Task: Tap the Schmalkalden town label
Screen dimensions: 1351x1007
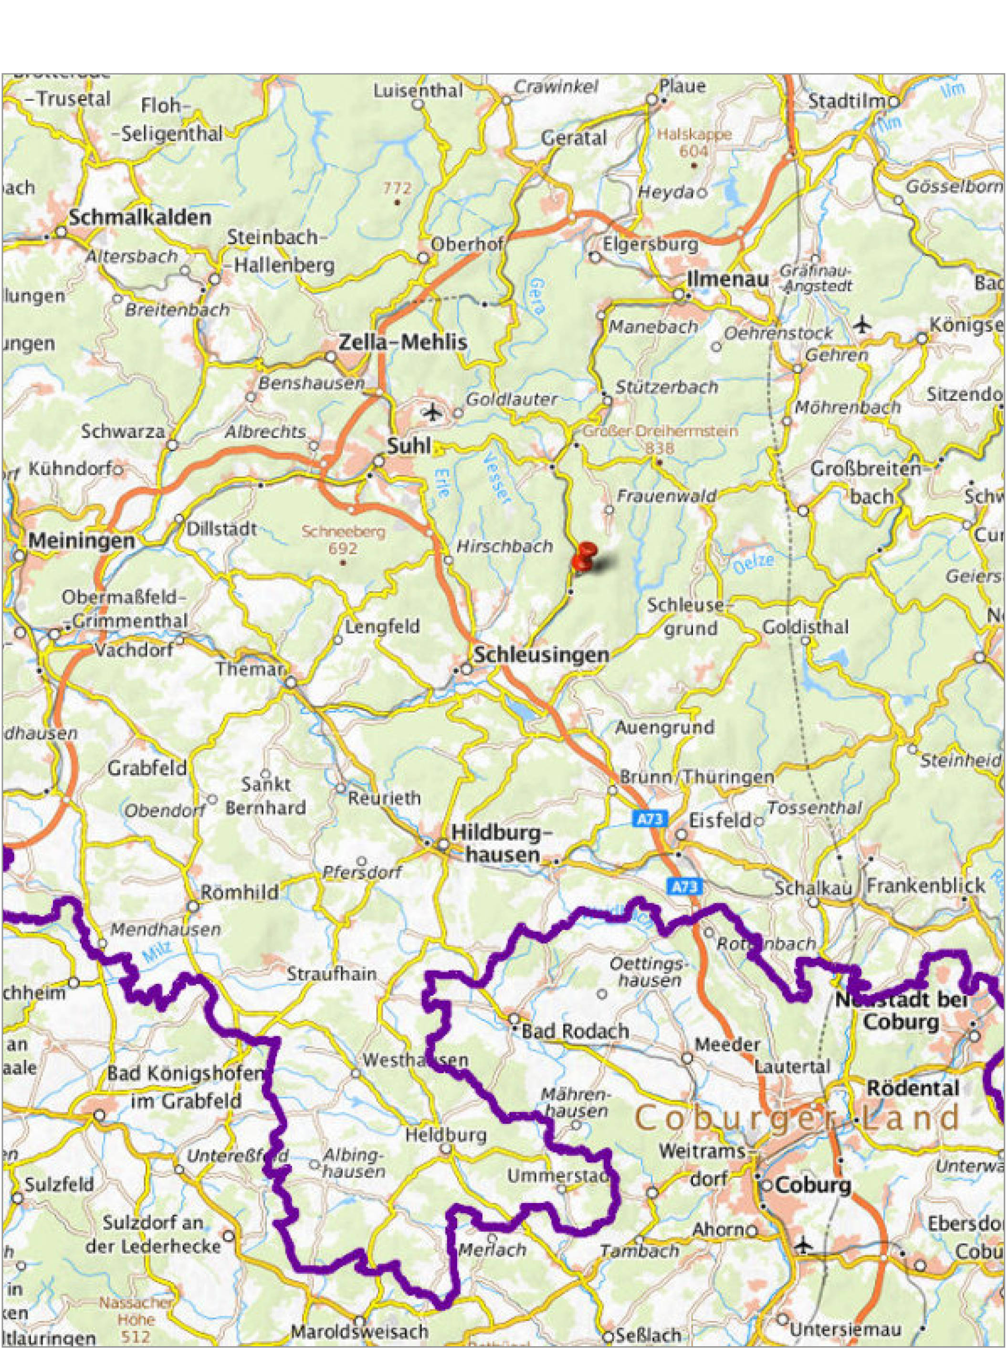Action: pyautogui.click(x=139, y=218)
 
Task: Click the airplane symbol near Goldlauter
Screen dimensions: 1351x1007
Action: pyautogui.click(x=433, y=413)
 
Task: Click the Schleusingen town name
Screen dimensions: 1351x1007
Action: pyautogui.click(x=541, y=655)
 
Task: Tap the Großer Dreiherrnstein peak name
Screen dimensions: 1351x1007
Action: pyautogui.click(x=660, y=431)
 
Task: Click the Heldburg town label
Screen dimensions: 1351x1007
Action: pyautogui.click(x=446, y=1135)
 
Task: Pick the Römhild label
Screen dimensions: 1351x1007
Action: pyautogui.click(x=240, y=893)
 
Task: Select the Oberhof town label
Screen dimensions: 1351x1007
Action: pyautogui.click(x=467, y=244)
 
